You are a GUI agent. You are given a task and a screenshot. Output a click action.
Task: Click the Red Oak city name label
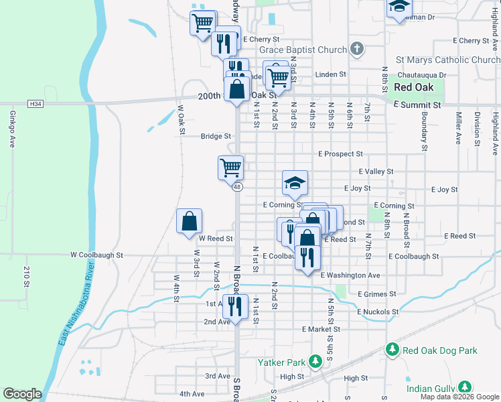click(x=413, y=87)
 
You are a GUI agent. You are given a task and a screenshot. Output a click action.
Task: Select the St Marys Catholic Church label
click(x=447, y=60)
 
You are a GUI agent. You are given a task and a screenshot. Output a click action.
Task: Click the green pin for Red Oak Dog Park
click(x=393, y=350)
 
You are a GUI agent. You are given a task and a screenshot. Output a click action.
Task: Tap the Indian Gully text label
click(x=429, y=388)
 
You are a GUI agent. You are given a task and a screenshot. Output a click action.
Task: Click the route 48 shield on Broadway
click(x=237, y=187)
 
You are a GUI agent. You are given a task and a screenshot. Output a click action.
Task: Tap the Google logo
click(x=22, y=394)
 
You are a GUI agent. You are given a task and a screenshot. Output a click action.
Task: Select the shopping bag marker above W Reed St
click(x=190, y=221)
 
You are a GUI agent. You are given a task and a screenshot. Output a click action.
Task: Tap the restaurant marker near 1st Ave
click(x=234, y=307)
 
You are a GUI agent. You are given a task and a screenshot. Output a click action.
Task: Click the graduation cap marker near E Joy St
click(x=295, y=183)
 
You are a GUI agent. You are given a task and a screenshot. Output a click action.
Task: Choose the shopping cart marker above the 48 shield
click(x=230, y=167)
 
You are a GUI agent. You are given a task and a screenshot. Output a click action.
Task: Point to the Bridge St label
click(x=215, y=136)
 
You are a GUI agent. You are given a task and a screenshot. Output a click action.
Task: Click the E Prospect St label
click(x=340, y=154)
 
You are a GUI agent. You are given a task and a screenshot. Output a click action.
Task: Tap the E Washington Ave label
click(x=350, y=275)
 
